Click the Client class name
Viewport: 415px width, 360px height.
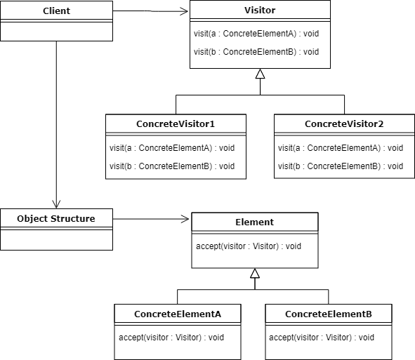(56, 11)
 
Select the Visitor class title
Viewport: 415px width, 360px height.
(260, 10)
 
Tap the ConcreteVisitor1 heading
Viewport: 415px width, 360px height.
(176, 124)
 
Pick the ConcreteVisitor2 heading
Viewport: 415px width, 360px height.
(344, 124)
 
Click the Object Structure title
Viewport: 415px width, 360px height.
(56, 218)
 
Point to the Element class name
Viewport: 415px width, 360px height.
(255, 222)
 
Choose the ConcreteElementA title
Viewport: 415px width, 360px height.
(178, 314)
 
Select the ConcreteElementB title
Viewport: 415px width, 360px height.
(329, 314)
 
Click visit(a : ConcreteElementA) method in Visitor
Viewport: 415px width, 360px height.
(256, 34)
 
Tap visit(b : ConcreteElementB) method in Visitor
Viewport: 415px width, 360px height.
(256, 52)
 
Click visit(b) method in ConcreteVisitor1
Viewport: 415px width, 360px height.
(172, 166)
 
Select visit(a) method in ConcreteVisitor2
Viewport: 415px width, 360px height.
(341, 148)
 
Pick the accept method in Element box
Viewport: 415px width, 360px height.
(249, 246)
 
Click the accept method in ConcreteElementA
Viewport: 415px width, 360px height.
(171, 338)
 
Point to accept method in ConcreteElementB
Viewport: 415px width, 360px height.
(322, 338)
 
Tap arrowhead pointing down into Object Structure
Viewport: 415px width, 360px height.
(56, 204)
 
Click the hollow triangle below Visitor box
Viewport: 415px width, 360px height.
(261, 74)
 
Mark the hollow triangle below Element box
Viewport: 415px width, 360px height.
(255, 273)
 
